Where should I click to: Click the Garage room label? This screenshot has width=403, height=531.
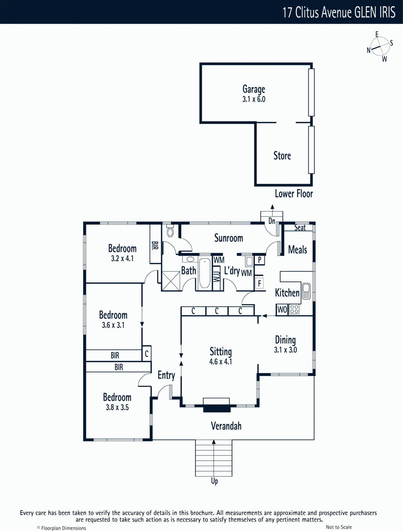point(254,89)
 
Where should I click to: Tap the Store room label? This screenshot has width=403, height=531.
point(282,156)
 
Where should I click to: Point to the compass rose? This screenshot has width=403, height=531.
point(380,46)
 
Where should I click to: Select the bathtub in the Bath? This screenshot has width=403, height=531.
point(205,273)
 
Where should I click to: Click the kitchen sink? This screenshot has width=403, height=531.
point(306,291)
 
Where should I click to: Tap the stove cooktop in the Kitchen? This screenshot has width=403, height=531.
point(294,309)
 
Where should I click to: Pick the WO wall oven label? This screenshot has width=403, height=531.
point(282,310)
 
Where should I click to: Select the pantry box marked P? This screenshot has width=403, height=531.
point(259,260)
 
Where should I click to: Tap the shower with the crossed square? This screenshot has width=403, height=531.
point(171,281)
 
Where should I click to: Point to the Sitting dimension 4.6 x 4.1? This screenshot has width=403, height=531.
point(220,362)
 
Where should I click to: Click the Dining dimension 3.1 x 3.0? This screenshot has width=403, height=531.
point(285,350)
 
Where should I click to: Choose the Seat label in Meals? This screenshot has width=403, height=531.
point(300,227)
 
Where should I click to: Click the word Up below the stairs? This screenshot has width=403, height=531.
point(214,481)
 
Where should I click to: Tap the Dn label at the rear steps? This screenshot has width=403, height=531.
point(272,221)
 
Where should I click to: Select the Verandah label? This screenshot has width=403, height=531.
point(226,426)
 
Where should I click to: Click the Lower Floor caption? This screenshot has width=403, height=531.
point(294,193)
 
